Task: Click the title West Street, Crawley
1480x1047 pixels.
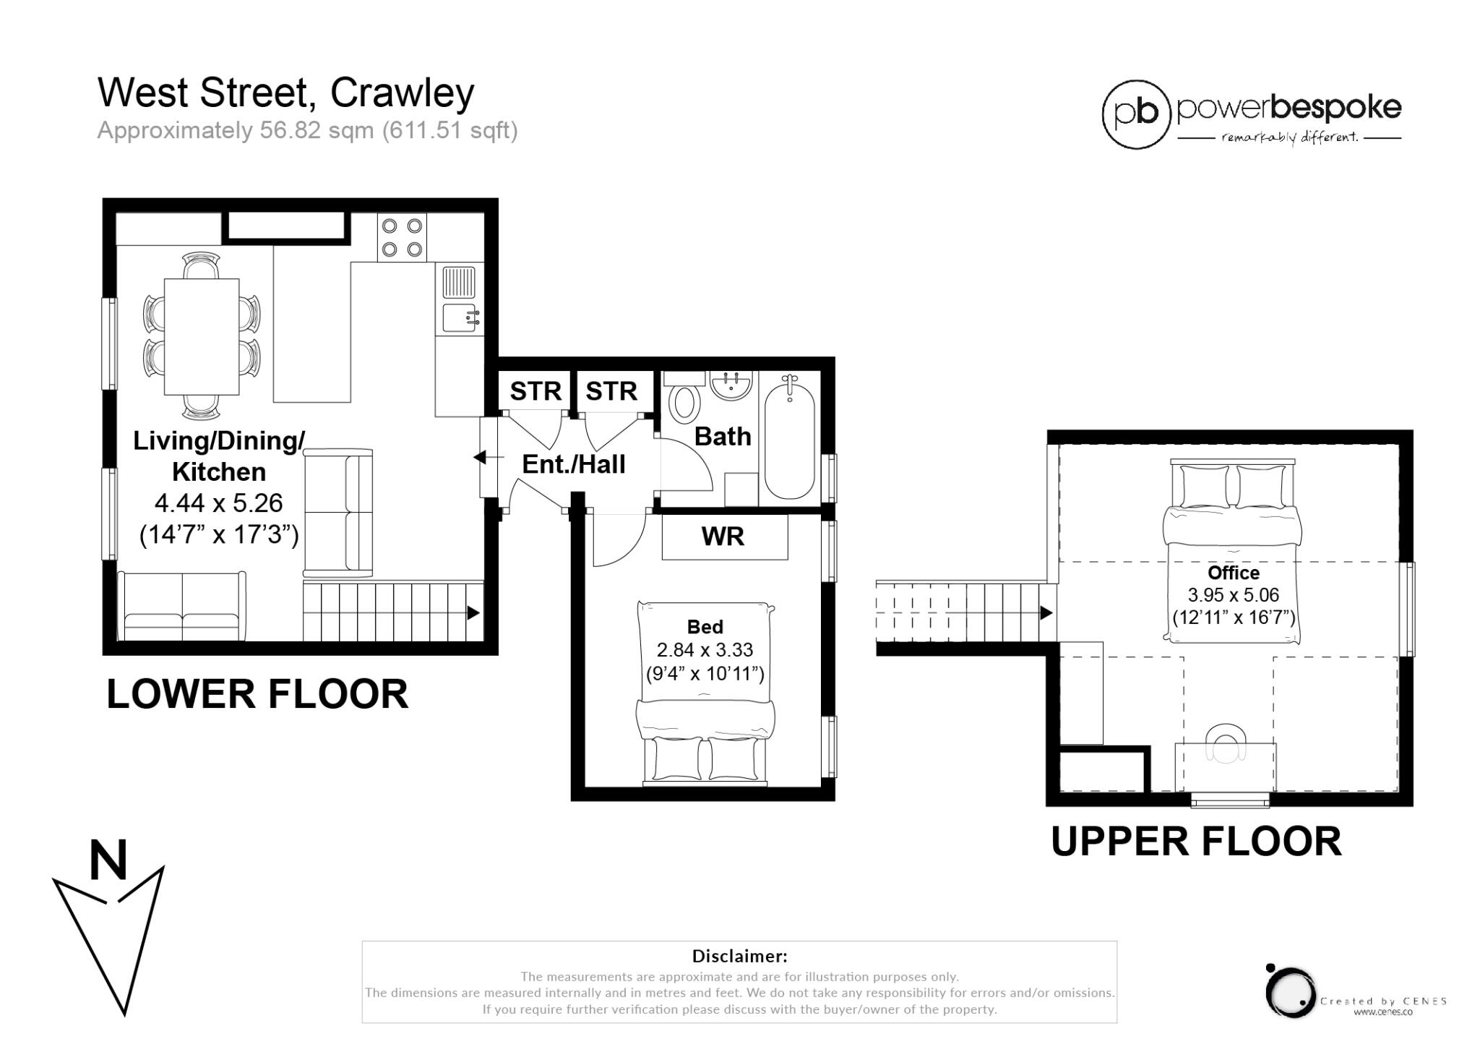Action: pyautogui.click(x=285, y=93)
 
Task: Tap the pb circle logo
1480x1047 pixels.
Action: pyautogui.click(x=1136, y=114)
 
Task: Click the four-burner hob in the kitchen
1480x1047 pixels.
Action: pyautogui.click(x=402, y=237)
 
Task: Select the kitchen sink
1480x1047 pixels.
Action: pyautogui.click(x=459, y=317)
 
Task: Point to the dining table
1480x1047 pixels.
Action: pyautogui.click(x=202, y=337)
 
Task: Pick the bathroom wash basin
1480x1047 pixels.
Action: pyautogui.click(x=731, y=385)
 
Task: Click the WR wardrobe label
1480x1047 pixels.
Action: pyautogui.click(x=723, y=537)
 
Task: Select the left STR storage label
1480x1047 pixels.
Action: pyautogui.click(x=535, y=391)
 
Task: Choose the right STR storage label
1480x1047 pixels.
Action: pyautogui.click(x=611, y=391)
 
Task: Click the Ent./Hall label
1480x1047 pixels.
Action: pyautogui.click(x=574, y=464)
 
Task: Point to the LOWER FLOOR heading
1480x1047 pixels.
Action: pyautogui.click(x=257, y=694)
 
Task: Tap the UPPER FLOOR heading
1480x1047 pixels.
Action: pyautogui.click(x=1196, y=842)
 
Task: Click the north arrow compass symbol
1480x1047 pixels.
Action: pyautogui.click(x=108, y=929)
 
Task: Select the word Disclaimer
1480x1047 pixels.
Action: pyautogui.click(x=739, y=956)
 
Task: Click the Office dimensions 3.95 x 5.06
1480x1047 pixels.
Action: pyautogui.click(x=1234, y=595)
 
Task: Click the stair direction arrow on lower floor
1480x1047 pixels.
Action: pyautogui.click(x=473, y=613)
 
